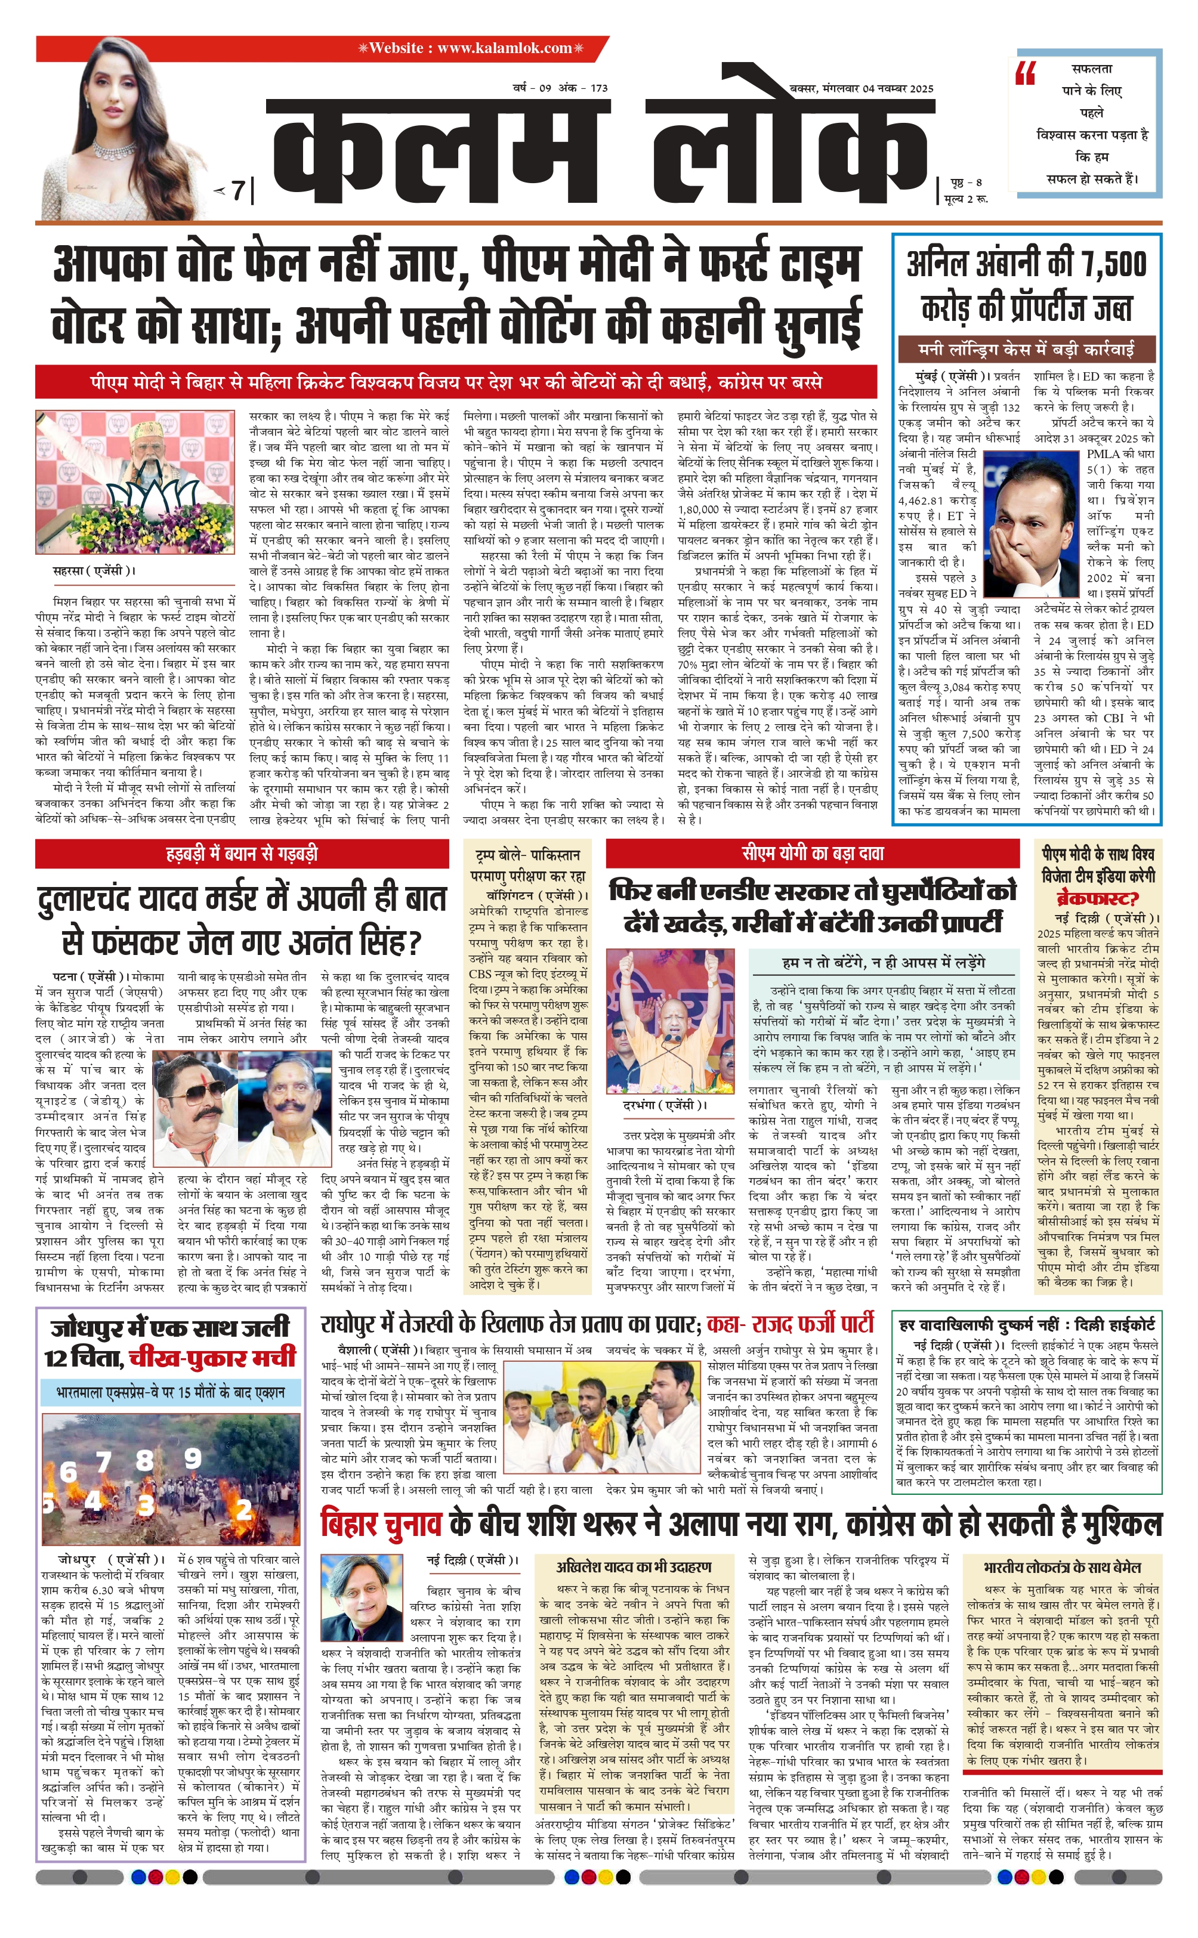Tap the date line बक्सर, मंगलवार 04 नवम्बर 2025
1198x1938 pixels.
tap(862, 89)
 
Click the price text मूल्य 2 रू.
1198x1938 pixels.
tap(966, 199)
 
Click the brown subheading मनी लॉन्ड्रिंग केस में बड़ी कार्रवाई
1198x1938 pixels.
tap(1026, 348)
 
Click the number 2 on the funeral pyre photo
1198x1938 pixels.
tap(244, 1509)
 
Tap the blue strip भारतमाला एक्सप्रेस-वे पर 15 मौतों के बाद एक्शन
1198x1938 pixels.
tap(171, 1392)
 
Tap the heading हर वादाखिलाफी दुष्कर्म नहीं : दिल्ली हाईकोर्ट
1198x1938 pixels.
tap(1027, 1324)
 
